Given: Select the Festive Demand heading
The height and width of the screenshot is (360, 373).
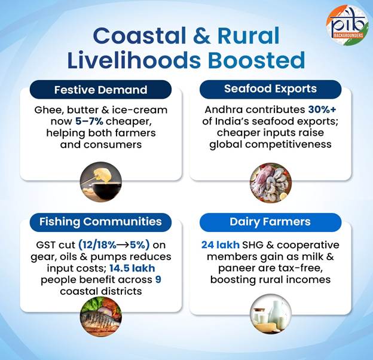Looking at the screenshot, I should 100,90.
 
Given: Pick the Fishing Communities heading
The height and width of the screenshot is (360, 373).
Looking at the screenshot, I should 100,222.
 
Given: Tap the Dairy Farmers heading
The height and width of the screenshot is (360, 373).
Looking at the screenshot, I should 270,222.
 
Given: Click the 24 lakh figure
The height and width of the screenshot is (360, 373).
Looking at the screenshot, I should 219,246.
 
